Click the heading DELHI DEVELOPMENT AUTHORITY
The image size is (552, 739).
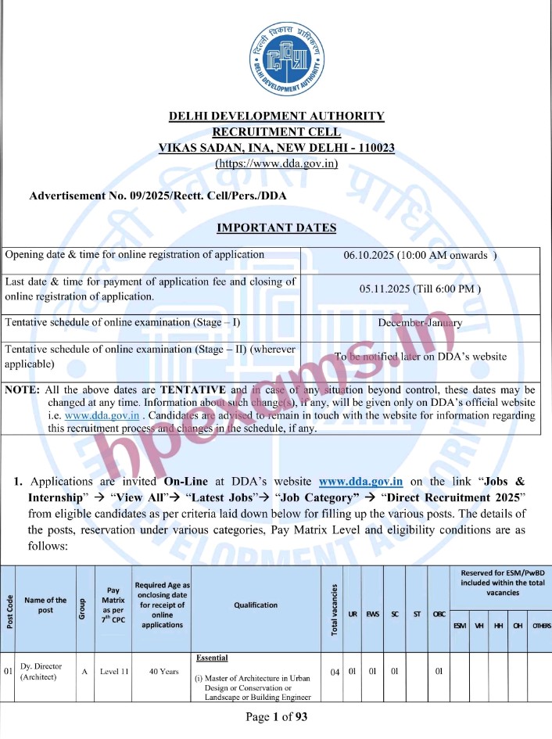click(277, 117)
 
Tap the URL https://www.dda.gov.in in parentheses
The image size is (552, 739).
click(277, 163)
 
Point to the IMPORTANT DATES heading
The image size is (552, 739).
click(276, 228)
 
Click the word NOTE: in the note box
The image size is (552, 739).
click(23, 389)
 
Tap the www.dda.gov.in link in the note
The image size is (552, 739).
click(91, 415)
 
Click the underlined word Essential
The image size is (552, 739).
click(212, 658)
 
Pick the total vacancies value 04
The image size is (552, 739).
click(335, 671)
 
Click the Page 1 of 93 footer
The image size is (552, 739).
click(276, 718)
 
